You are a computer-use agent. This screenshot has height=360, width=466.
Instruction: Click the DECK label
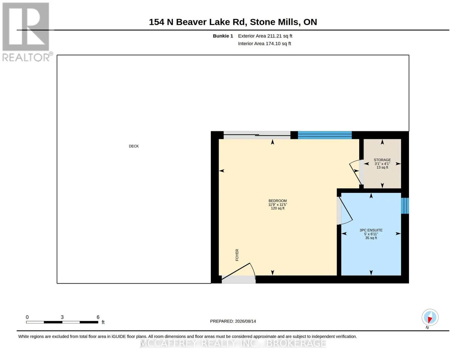[134, 146]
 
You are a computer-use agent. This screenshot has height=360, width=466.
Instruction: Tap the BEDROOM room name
[278, 201]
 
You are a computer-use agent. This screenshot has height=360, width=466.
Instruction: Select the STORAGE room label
[382, 160]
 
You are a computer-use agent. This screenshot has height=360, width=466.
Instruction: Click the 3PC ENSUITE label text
[371, 230]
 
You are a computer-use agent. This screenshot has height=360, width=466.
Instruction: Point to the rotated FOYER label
[237, 255]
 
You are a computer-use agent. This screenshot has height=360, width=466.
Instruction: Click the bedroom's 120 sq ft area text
[278, 208]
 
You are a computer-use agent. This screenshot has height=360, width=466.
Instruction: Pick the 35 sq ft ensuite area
[371, 238]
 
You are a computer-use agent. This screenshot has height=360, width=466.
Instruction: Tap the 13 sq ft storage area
[382, 167]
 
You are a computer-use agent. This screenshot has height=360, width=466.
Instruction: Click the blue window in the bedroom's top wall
[325, 135]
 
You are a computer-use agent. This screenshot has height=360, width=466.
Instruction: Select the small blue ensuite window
[405, 206]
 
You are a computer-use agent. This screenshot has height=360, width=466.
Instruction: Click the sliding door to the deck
[257, 135]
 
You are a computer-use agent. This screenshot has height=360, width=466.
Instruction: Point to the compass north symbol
[430, 317]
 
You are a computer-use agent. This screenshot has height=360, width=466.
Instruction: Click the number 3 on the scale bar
[62, 317]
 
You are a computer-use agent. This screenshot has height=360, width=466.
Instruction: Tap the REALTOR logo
[27, 32]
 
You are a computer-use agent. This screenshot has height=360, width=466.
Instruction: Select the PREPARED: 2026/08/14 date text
[233, 321]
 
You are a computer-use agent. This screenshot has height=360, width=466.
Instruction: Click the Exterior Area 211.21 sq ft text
[265, 36]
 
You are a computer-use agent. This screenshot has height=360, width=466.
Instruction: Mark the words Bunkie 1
[223, 36]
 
